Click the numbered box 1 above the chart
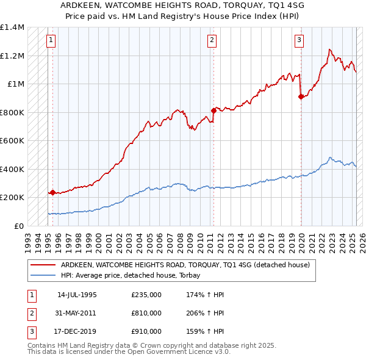(51, 41)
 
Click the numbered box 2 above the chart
(212, 41)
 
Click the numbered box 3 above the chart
(300, 41)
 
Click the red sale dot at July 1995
(52, 192)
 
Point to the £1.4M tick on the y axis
(12, 27)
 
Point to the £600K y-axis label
(12, 140)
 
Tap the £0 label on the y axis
(19, 226)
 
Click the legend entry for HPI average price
(134, 275)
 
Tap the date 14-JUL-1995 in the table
(77, 295)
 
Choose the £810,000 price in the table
(146, 313)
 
